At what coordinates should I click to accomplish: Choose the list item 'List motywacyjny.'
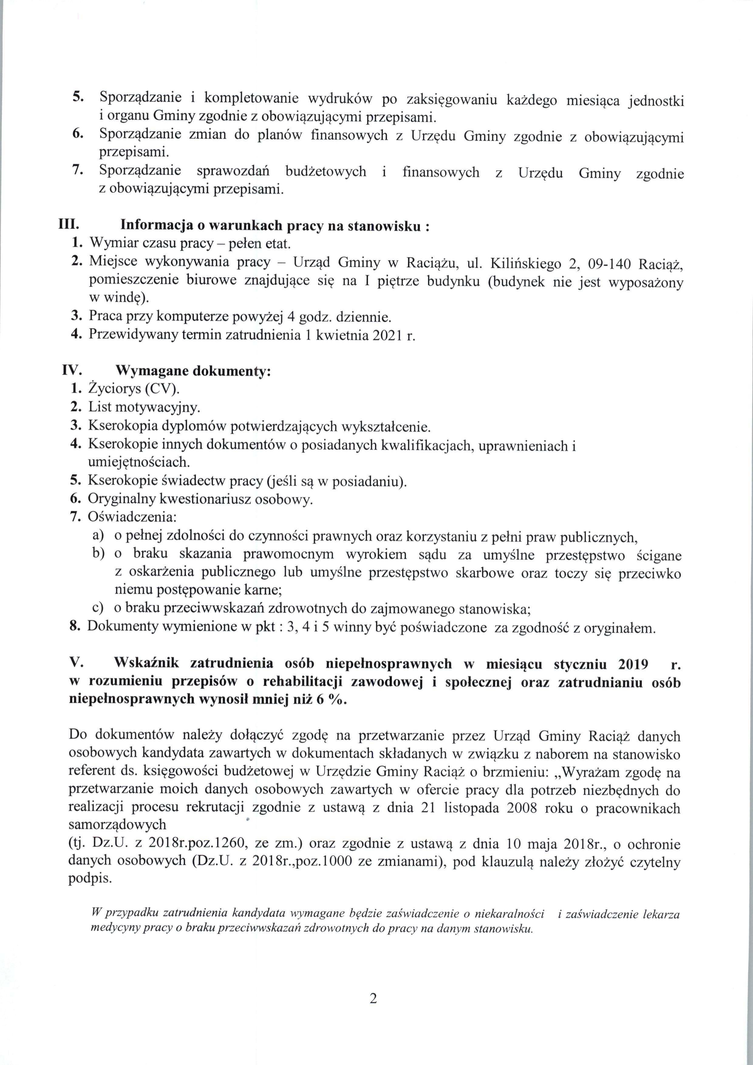click(144, 408)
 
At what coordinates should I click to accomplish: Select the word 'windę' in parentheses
click(126, 298)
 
